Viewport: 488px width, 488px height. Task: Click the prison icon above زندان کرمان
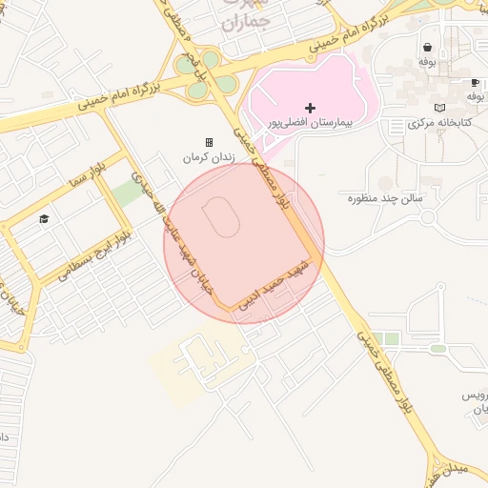tap(210, 142)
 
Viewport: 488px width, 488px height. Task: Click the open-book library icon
tap(438, 108)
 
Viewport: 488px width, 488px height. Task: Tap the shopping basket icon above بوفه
tap(427, 46)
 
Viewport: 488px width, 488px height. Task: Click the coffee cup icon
tap(474, 83)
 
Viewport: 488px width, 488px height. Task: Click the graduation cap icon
tap(43, 220)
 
